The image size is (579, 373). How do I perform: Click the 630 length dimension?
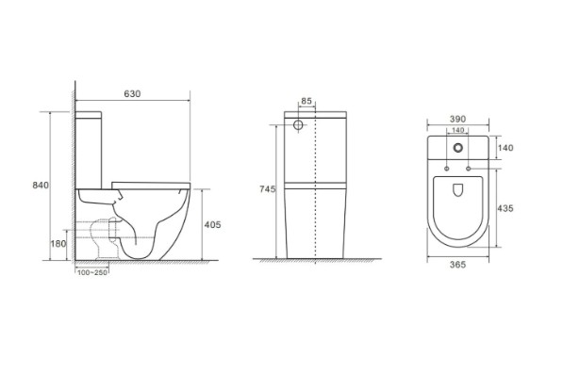click(x=132, y=93)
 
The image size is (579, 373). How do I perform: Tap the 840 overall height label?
click(x=41, y=185)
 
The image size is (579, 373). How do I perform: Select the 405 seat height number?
click(x=212, y=224)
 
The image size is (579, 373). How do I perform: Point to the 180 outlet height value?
click(x=58, y=244)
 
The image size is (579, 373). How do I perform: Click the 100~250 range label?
click(x=92, y=272)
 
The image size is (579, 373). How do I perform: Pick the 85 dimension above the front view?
click(x=306, y=101)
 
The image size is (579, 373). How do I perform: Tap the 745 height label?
click(x=268, y=189)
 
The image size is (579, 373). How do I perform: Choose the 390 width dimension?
click(x=458, y=119)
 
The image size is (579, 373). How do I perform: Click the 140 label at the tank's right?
click(x=505, y=148)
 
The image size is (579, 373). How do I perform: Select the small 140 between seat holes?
click(x=458, y=130)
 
